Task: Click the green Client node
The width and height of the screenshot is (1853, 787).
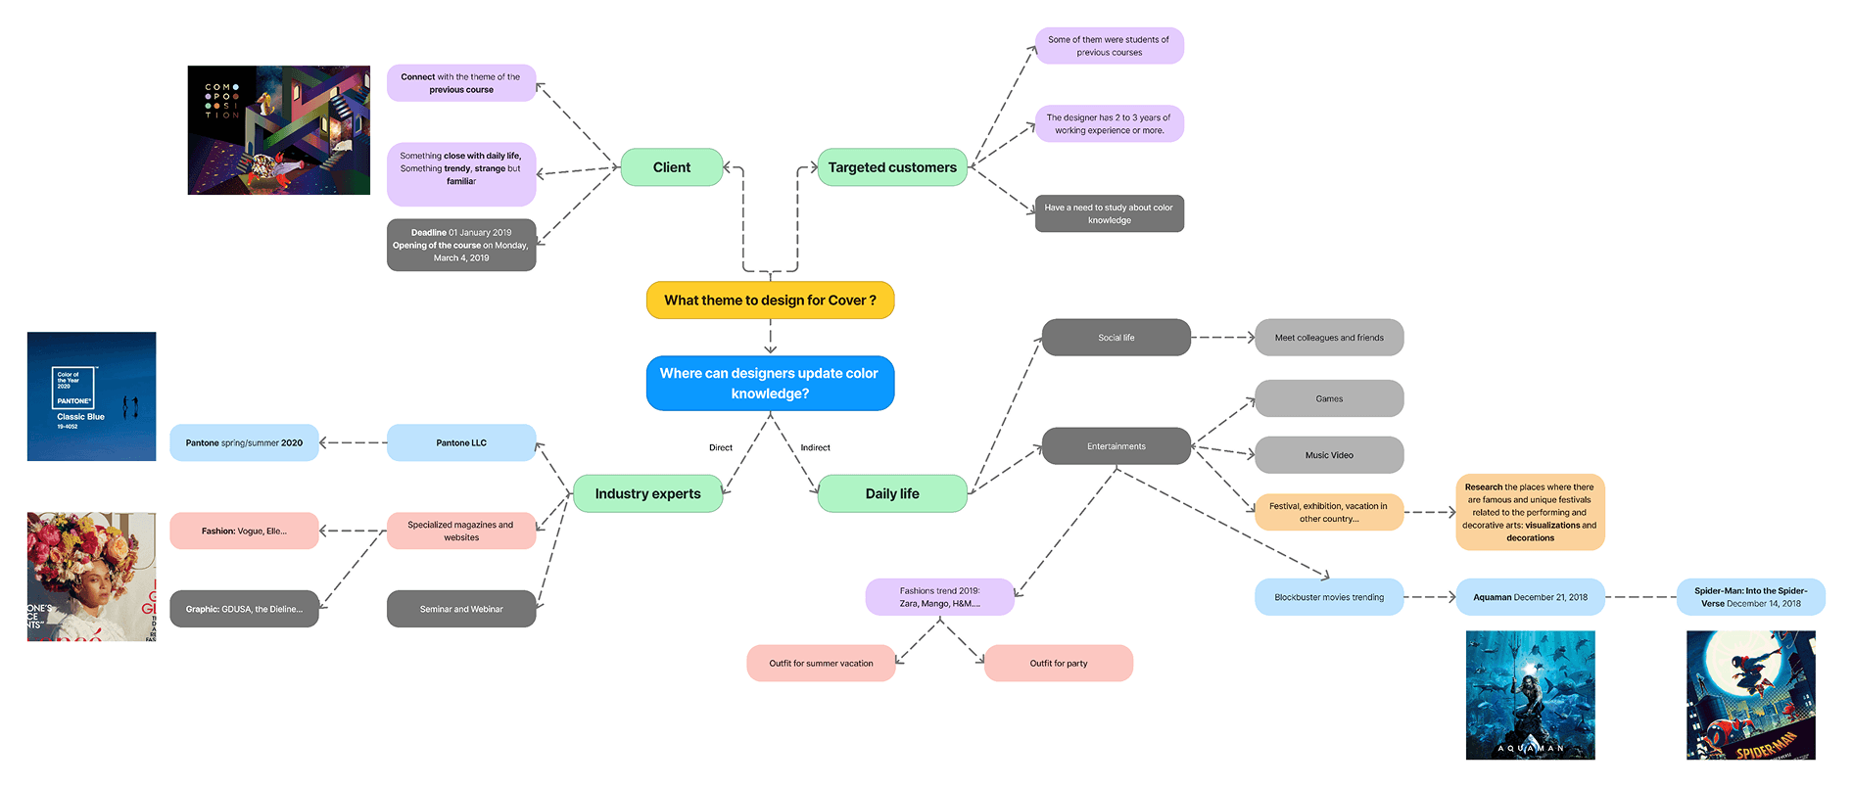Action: pos(672,167)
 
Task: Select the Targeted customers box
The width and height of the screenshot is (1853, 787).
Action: pos(892,167)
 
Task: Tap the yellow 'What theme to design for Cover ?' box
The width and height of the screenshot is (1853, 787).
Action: pos(770,301)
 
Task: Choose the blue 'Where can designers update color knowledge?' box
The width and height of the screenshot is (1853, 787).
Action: pos(770,383)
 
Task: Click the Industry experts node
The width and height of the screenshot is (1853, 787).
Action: pos(647,493)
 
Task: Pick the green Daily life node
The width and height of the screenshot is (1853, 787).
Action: pos(892,493)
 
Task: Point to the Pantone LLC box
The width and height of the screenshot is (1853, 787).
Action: pos(461,442)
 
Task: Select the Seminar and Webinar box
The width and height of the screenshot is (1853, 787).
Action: pos(461,609)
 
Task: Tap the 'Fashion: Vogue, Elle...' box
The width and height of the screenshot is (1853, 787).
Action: pos(244,531)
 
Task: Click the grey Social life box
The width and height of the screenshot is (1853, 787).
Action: pos(1117,338)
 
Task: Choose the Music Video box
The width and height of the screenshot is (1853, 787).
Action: pos(1329,455)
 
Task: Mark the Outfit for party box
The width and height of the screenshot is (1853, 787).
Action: pos(1059,663)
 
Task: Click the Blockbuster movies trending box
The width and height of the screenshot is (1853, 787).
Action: pos(1329,597)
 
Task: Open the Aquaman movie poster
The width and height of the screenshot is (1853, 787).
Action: pos(1531,695)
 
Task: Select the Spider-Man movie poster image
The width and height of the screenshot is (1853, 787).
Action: pos(1751,695)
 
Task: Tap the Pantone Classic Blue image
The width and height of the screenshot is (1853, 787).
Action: pos(91,396)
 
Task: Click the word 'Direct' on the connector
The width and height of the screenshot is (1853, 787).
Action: pos(721,447)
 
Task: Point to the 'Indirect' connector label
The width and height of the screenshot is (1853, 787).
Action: pos(815,447)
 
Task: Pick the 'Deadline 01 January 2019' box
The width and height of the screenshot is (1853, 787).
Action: pos(461,245)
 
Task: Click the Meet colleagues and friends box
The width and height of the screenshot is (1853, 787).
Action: pos(1329,338)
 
